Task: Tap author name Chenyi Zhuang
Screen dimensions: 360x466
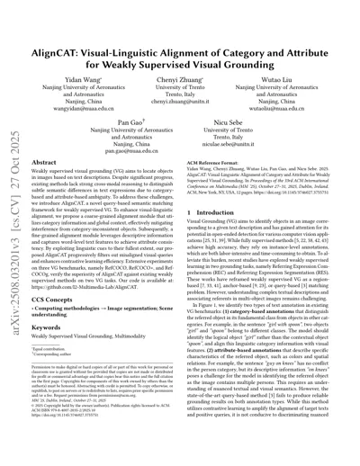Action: click(x=179, y=69)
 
